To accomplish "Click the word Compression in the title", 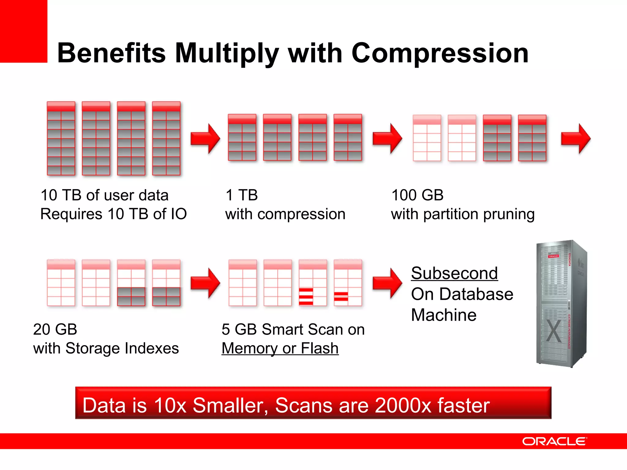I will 440,54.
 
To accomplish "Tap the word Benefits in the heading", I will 111,54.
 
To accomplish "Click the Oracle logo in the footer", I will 554,441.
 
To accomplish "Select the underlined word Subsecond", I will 454,273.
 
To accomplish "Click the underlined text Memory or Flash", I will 280,349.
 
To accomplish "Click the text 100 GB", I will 417,195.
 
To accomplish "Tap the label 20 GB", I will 55,330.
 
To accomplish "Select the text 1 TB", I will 242,195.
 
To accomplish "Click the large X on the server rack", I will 554,331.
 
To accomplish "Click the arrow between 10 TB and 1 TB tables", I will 205,139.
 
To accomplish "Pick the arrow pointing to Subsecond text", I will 387,283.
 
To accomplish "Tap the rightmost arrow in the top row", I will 576,139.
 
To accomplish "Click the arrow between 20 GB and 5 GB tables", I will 205,283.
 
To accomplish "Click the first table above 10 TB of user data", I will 61,138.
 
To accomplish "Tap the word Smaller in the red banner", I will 230,405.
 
